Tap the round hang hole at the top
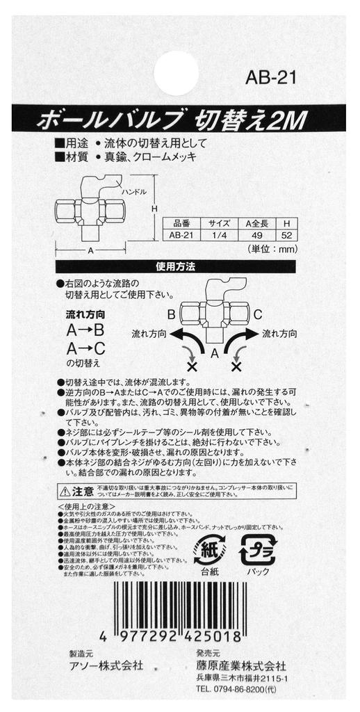coord(176,72)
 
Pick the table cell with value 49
coord(256,235)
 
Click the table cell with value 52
coord(286,235)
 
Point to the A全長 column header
coord(256,224)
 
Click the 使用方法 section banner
coord(176,266)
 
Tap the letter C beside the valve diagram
coord(257,315)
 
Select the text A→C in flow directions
coord(85,348)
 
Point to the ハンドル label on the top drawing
coord(133,191)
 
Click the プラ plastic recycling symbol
coord(257,549)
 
